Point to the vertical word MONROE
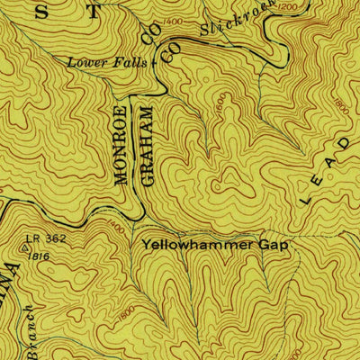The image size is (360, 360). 121,144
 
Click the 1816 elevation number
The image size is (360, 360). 37,256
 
